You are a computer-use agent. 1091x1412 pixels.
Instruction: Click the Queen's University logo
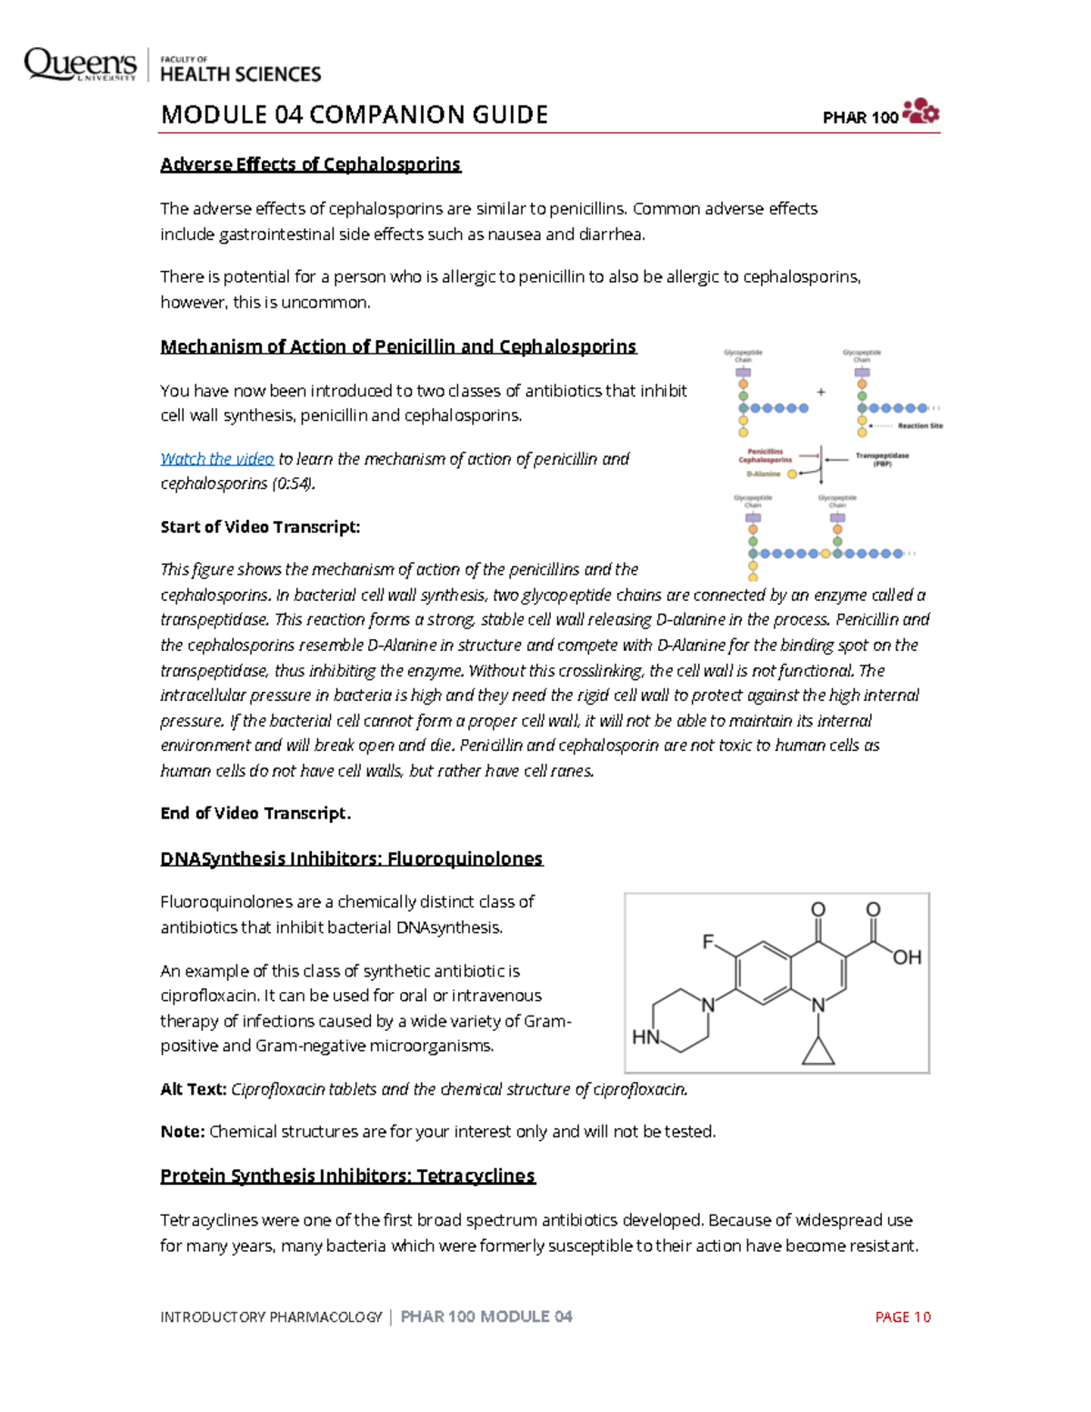[x=80, y=65]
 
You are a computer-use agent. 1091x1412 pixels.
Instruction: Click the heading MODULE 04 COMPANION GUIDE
[x=354, y=115]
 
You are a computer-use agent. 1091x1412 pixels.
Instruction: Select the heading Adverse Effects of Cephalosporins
[x=310, y=165]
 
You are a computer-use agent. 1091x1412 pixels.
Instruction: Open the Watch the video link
[x=216, y=459]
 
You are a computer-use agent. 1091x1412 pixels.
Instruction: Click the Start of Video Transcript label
[x=260, y=527]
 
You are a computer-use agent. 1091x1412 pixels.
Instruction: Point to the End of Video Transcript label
[x=255, y=814]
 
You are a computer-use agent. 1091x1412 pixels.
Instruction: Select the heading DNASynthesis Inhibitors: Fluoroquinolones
[x=351, y=859]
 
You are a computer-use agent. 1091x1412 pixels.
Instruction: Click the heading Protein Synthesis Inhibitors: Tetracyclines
[x=347, y=1177]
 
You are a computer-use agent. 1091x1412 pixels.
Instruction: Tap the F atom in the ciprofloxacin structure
[x=708, y=942]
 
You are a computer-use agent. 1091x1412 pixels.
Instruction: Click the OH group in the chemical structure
[x=906, y=957]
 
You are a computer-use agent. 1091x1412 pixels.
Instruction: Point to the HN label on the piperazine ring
[x=646, y=1037]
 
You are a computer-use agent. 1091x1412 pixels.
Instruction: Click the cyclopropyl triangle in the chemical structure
[x=818, y=1052]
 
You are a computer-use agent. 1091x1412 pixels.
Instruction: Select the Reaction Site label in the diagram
[x=919, y=426]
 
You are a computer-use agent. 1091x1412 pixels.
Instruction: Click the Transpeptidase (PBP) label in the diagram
[x=881, y=459]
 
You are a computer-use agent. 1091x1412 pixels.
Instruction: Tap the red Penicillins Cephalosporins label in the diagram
[x=765, y=456]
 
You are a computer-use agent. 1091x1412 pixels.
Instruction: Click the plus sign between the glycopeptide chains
[x=821, y=393]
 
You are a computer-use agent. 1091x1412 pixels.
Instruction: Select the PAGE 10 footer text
[x=902, y=1317]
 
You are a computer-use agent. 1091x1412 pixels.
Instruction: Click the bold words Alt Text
[x=193, y=1089]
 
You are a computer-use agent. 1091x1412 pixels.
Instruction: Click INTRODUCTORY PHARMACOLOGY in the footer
[x=271, y=1317]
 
